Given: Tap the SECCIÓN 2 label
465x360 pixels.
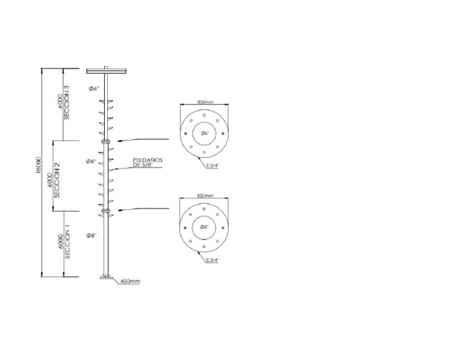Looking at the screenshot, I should coord(56,181).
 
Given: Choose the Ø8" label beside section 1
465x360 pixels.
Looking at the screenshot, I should coord(91,235).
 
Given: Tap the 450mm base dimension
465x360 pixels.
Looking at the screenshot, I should coord(130,281).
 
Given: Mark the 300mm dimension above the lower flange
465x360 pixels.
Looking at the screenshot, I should coord(205,196).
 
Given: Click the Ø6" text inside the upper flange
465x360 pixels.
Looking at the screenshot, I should coord(205,133).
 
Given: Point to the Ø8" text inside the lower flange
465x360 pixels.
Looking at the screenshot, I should coord(205,227).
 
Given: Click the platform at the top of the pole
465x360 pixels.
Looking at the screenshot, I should coord(106,71).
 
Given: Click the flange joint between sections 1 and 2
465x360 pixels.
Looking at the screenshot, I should coord(106,212).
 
